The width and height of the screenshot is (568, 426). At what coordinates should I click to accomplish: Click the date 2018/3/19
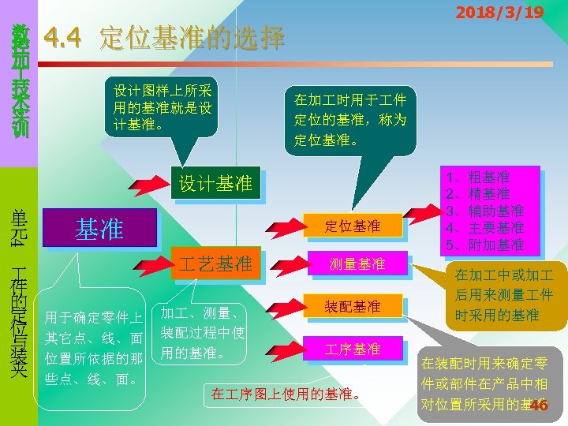[x=499, y=13]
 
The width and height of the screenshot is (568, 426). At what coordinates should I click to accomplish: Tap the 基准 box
[x=99, y=228]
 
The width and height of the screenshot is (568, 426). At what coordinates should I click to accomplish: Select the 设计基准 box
[x=215, y=184]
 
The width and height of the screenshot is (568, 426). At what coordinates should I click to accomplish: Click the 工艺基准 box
[x=215, y=263]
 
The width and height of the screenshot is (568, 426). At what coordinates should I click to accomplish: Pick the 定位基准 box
[x=353, y=226]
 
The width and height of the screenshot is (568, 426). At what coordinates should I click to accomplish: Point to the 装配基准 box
[x=353, y=306]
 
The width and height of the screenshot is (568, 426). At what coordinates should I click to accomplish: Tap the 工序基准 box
[x=353, y=349]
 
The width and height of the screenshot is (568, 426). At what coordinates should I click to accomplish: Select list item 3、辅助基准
[x=485, y=211]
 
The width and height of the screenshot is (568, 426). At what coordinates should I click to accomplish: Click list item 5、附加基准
[x=485, y=245]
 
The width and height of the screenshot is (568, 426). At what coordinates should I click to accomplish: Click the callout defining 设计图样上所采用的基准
[x=163, y=107]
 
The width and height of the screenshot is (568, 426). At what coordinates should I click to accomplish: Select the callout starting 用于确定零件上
[x=93, y=348]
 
